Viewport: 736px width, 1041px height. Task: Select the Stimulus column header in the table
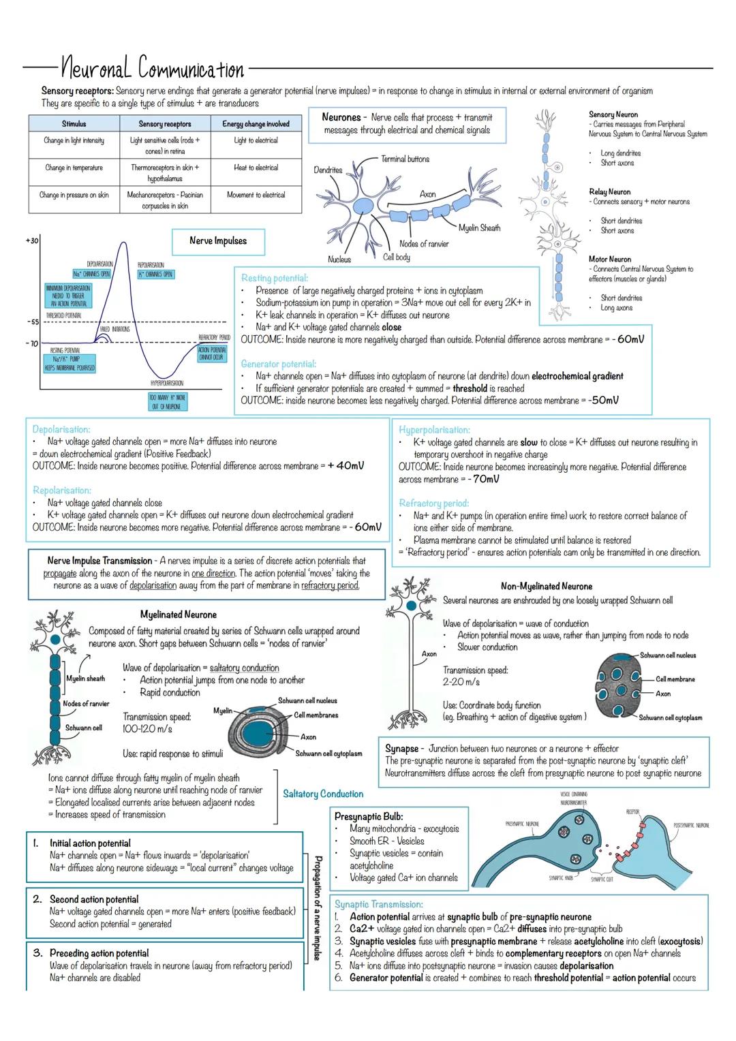[x=74, y=124]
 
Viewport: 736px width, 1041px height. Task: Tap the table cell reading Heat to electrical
[x=256, y=168]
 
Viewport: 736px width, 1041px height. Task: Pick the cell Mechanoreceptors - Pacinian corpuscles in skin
[x=165, y=200]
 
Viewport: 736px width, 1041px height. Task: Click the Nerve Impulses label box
[x=218, y=241]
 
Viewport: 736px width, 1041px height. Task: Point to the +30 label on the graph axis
[x=31, y=241]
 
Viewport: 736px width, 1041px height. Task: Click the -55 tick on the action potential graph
[x=32, y=322]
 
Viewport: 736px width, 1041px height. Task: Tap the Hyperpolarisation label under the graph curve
[x=166, y=384]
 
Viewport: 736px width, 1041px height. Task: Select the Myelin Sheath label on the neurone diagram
[x=479, y=228]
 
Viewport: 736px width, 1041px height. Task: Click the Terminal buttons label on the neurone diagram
[x=405, y=159]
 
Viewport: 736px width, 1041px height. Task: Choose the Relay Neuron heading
[x=610, y=192]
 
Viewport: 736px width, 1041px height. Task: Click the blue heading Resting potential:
[x=275, y=278]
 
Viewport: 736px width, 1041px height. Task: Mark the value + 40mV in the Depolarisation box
[x=346, y=466]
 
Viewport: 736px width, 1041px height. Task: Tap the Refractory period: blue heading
[x=433, y=503]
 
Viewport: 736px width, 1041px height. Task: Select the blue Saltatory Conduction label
[x=323, y=794]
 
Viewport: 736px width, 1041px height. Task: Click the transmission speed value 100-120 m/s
[x=147, y=729]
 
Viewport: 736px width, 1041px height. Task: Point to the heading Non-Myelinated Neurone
[x=547, y=587]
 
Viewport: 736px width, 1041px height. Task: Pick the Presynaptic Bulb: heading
[x=369, y=816]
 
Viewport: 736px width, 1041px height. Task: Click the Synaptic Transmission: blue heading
[x=378, y=904]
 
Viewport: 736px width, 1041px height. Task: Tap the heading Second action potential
[x=94, y=899]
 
